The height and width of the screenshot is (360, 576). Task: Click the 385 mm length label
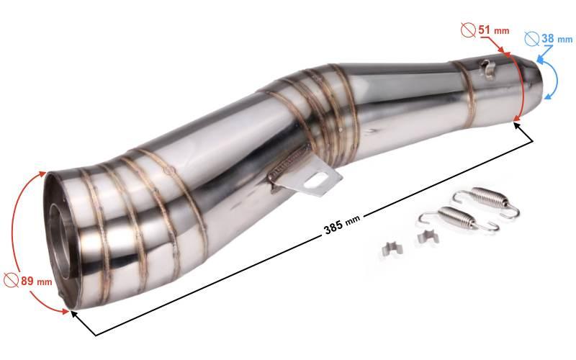(341, 224)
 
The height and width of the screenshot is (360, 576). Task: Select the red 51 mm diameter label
(494, 30)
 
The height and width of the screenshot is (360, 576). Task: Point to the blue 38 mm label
(557, 38)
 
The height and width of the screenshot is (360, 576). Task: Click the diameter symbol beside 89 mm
(12, 280)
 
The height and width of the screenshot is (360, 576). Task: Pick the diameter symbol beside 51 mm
(469, 30)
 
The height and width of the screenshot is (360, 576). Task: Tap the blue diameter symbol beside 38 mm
(532, 39)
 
